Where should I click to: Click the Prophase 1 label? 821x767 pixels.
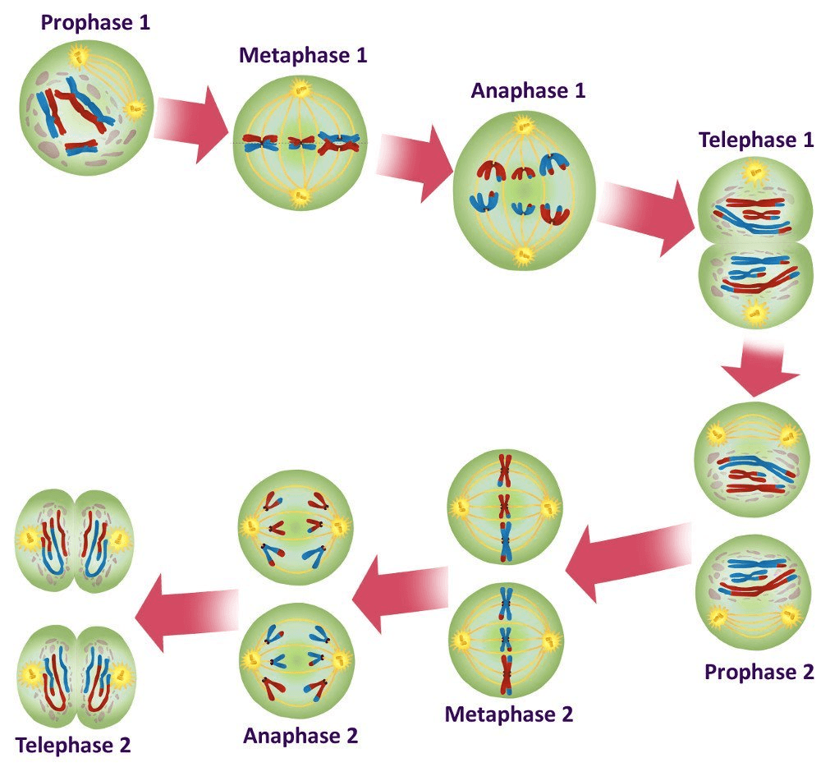pyautogui.click(x=95, y=23)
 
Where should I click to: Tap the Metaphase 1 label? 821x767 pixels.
pyautogui.click(x=303, y=56)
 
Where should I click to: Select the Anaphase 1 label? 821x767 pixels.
pyautogui.click(x=528, y=91)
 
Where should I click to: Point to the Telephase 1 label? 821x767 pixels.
pyautogui.click(x=756, y=140)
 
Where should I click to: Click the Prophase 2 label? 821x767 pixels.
pyautogui.click(x=759, y=673)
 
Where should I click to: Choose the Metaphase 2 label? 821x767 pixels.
pyautogui.click(x=509, y=714)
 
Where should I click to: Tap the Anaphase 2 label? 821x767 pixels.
pyautogui.click(x=300, y=736)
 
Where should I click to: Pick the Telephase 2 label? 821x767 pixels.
pyautogui.click(x=73, y=746)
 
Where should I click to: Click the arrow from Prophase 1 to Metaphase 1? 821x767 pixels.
pyautogui.click(x=192, y=125)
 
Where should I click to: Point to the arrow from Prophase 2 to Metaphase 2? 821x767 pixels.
pyautogui.click(x=628, y=563)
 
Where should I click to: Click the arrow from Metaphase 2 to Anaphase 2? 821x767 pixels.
pyautogui.click(x=401, y=595)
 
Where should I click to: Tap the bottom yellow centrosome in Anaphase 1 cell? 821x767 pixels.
pyautogui.click(x=522, y=255)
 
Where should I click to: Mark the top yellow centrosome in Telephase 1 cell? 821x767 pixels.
pyautogui.click(x=754, y=171)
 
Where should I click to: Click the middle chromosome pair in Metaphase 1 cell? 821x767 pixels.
pyautogui.click(x=300, y=142)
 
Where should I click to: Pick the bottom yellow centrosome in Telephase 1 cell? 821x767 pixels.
pyautogui.click(x=754, y=313)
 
